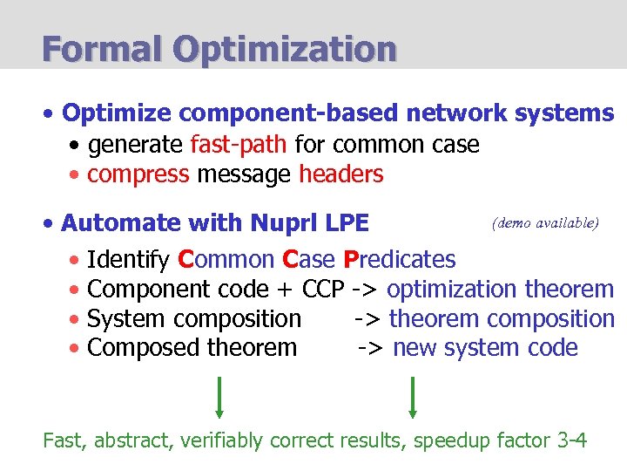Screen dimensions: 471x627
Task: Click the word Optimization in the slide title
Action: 284,48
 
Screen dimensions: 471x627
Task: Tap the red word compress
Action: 138,174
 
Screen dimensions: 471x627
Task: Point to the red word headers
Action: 340,174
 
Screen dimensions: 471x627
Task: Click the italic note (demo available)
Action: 545,222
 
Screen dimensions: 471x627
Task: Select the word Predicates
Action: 400,260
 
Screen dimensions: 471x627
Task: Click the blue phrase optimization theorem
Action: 501,290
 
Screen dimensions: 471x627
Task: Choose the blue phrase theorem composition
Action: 502,319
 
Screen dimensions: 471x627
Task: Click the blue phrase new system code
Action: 485,348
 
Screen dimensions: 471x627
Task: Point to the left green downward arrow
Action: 219,396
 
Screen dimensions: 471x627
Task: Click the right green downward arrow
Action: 412,396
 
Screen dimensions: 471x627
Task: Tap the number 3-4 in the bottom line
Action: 571,440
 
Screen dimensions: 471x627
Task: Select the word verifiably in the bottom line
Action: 223,440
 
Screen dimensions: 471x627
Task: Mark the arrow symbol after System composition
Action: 367,319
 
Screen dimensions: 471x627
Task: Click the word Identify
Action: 129,260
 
